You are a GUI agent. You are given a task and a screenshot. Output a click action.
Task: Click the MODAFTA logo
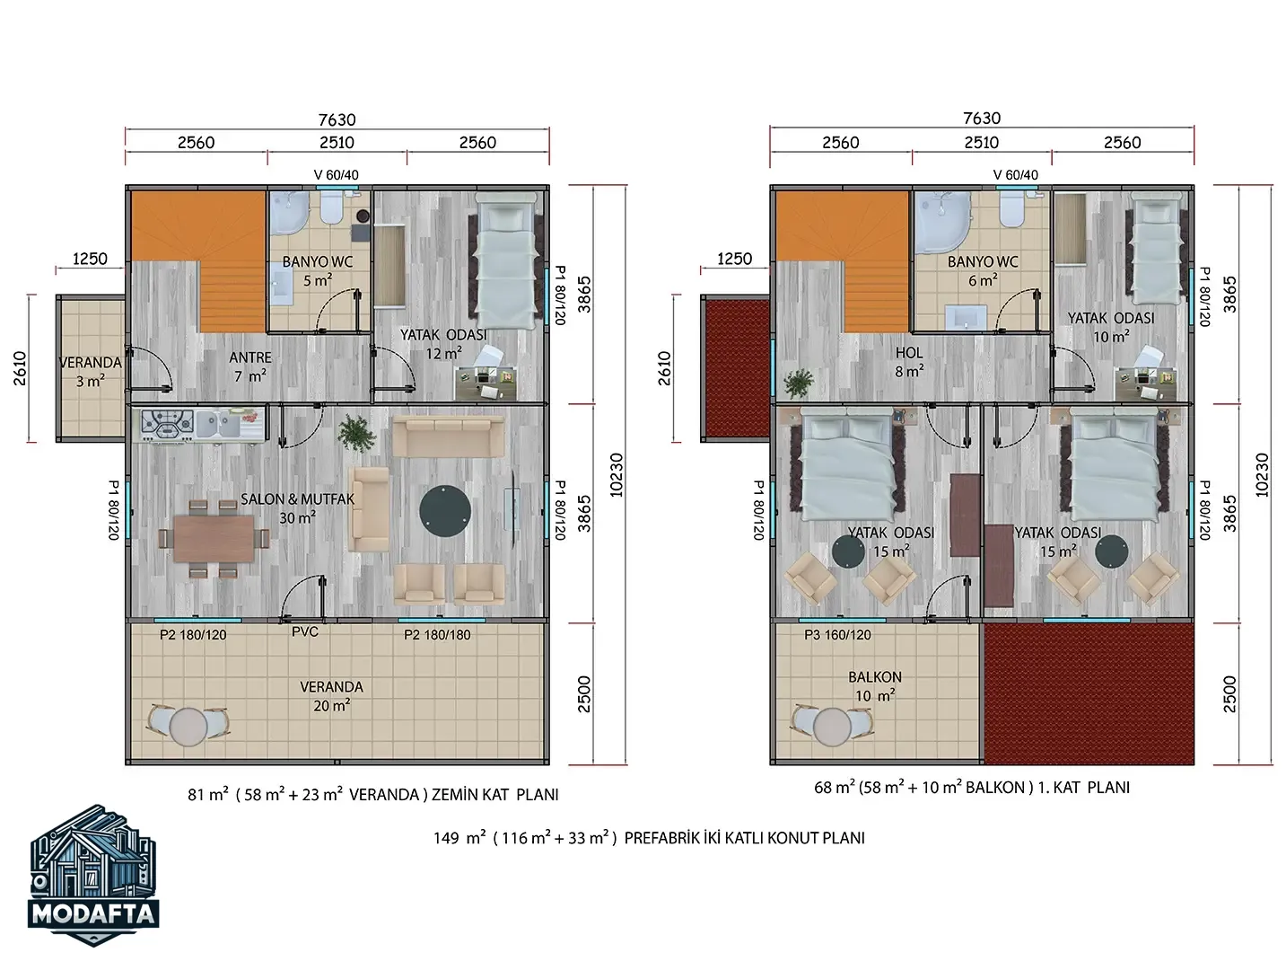(93, 875)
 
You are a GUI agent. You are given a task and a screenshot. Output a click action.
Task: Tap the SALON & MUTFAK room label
(297, 498)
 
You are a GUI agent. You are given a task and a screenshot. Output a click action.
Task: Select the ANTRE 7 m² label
(250, 366)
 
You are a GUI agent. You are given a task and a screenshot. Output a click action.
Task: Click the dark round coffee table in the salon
(445, 511)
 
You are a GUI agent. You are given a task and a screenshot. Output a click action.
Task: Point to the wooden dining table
(214, 538)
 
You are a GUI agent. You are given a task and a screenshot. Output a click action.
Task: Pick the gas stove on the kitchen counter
(167, 424)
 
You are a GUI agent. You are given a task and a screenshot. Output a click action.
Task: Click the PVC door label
(304, 631)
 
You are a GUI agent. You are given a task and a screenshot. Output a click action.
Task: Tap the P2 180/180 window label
(437, 635)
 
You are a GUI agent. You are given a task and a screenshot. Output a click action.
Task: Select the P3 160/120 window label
(837, 635)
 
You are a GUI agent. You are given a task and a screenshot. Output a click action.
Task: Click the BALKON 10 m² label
(875, 686)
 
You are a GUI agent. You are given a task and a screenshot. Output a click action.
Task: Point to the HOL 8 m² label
(909, 362)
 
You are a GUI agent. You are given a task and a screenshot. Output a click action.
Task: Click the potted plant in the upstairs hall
(799, 384)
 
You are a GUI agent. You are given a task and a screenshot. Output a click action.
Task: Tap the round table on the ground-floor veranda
(188, 727)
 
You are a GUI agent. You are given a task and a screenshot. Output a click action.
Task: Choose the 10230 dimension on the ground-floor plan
(616, 475)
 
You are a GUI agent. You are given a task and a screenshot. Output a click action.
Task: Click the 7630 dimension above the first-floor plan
(982, 119)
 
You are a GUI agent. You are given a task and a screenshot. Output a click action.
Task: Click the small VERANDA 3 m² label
(91, 372)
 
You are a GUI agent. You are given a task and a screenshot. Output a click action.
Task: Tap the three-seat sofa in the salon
(448, 436)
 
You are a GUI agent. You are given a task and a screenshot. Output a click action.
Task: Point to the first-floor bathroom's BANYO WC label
(983, 261)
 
